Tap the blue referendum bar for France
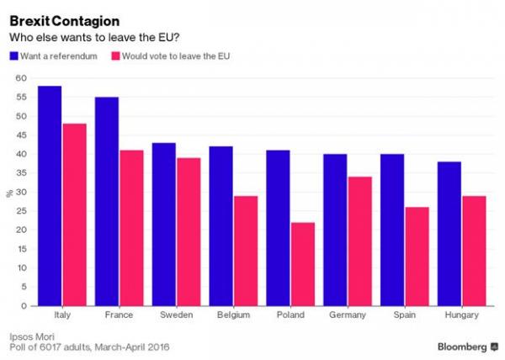[x=106, y=202]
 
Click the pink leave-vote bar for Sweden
[x=189, y=232]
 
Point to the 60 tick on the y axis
[x=22, y=78]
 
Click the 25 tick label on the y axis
[x=22, y=211]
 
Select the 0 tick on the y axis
[x=24, y=306]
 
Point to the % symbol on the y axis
[x=9, y=193]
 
